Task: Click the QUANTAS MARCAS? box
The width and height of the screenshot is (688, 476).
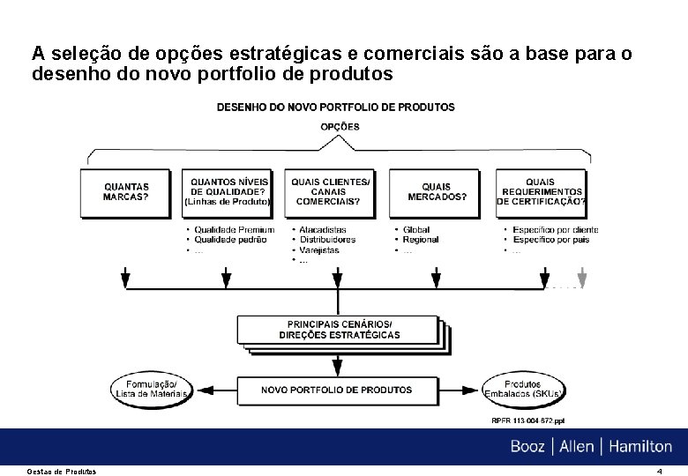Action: point(126,192)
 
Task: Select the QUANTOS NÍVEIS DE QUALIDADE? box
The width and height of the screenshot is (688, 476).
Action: point(229,192)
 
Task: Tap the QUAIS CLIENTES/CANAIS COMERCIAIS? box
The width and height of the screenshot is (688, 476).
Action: point(331,192)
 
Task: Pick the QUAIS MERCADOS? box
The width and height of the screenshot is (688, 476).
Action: point(437,192)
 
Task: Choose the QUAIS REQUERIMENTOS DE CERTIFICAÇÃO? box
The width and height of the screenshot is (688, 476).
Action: point(540,192)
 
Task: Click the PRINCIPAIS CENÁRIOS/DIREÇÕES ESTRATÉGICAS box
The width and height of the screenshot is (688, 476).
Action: point(339,329)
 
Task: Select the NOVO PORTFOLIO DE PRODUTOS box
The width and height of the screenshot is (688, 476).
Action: point(336,389)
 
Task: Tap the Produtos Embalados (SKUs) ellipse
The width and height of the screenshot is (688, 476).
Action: point(523,389)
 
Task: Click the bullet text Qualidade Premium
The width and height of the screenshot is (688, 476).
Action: point(234,230)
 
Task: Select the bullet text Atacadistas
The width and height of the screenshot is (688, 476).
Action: point(322,230)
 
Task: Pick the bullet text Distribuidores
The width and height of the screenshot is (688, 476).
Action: point(327,240)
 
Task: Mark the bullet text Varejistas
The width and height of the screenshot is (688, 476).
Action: point(319,250)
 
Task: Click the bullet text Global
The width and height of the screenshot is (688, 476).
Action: point(416,230)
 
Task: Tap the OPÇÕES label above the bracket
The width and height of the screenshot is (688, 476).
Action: point(340,126)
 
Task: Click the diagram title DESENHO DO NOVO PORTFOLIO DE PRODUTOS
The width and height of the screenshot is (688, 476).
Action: point(336,107)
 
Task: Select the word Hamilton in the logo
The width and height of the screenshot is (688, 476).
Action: point(639,447)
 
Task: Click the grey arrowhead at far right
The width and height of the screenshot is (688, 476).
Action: point(581,281)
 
